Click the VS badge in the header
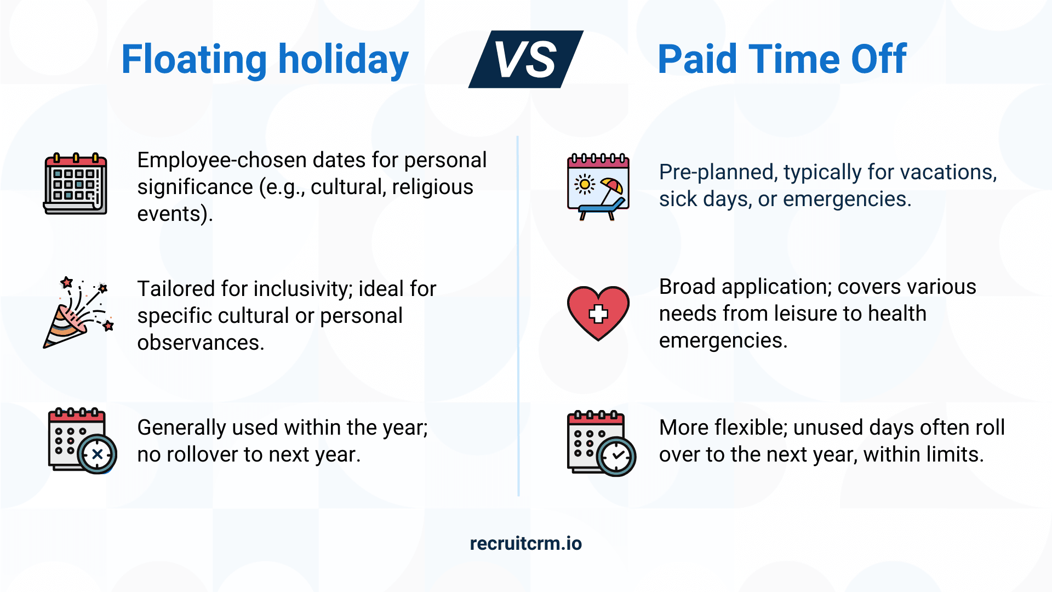(x=526, y=59)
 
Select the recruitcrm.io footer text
(x=526, y=543)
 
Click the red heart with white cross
(x=598, y=313)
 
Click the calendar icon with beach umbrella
(x=598, y=186)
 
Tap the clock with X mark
(x=98, y=454)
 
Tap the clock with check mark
(x=617, y=456)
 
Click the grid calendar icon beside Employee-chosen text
(x=76, y=184)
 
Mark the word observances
(x=200, y=343)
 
